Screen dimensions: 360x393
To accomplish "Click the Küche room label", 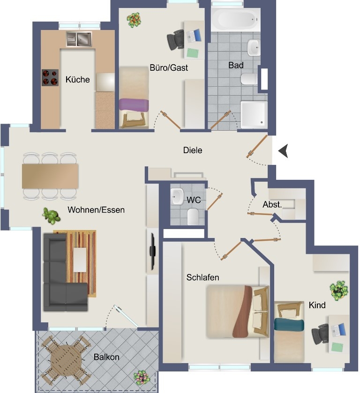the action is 77,80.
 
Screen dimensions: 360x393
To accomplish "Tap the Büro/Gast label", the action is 169,67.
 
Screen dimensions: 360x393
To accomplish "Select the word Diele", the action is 193,150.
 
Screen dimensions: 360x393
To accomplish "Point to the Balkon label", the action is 106,357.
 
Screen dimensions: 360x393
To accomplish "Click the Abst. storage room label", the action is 272,205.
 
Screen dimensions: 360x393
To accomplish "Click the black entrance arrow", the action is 283,151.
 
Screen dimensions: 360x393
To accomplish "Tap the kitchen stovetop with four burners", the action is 50,78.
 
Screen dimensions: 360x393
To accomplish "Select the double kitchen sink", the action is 79,39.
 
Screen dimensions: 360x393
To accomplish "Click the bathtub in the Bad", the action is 235,19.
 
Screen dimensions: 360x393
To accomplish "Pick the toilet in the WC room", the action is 193,216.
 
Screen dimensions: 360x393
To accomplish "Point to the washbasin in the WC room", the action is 177,197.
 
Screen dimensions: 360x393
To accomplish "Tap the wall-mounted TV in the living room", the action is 152,252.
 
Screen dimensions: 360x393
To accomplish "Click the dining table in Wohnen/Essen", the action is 50,176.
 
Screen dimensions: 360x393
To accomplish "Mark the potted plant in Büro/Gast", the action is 134,20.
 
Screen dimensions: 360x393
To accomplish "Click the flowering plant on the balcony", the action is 142,378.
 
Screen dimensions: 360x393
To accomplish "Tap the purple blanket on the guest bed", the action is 134,105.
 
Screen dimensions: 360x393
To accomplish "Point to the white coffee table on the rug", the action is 80,260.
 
